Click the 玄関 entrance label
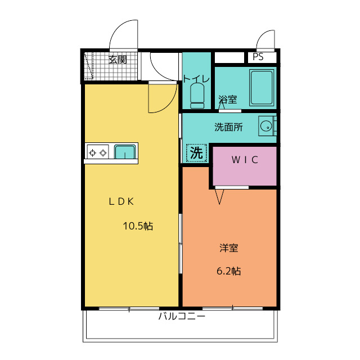point(118,60)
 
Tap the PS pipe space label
point(258,57)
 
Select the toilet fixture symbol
point(197,96)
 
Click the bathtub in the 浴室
point(262,88)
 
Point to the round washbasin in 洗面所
point(266,126)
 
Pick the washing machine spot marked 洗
point(196,153)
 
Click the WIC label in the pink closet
point(245,160)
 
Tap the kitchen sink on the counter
point(125,152)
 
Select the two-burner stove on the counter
point(98,152)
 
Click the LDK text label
point(121,201)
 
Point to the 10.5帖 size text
point(138,226)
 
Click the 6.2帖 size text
point(229,271)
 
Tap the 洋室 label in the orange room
point(229,248)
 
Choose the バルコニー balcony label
point(182,316)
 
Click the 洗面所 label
point(228,127)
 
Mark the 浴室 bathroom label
point(227,100)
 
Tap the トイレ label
point(196,79)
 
